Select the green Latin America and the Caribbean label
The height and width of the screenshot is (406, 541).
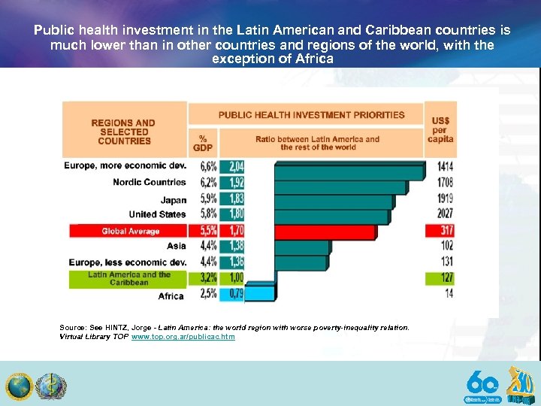[128, 278]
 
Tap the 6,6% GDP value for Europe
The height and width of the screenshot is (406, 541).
[208, 166]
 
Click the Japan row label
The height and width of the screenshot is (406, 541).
[173, 199]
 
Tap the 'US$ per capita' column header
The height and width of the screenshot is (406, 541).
[440, 129]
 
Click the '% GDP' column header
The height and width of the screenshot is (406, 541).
[203, 143]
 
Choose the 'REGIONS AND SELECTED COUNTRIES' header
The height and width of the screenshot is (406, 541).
[124, 132]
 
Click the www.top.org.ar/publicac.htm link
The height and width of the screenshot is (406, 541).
[183, 337]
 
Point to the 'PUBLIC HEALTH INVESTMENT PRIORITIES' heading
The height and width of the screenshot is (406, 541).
[311, 115]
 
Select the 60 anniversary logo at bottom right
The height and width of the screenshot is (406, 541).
[482, 385]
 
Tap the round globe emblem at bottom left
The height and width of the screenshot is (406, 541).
[19, 386]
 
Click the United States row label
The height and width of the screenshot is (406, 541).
[156, 215]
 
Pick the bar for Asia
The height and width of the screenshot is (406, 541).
[301, 247]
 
